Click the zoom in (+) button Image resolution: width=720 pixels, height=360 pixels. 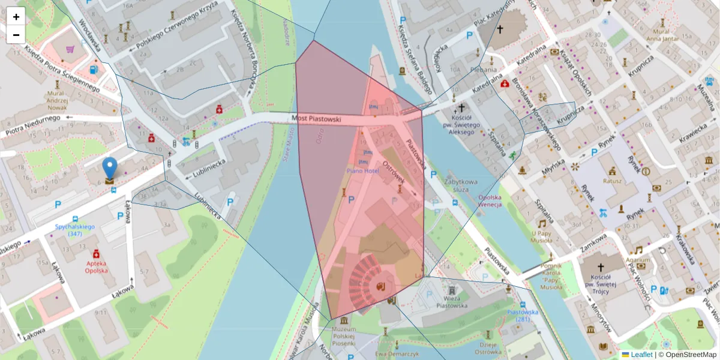tap(16, 16)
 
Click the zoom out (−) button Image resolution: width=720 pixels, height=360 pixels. tap(16, 35)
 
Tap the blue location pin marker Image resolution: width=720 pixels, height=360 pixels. tap(110, 169)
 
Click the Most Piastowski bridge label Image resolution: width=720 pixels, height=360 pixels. tap(316, 119)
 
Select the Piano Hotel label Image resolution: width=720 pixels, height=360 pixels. tap(363, 171)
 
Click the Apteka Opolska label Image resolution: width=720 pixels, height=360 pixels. tap(96, 266)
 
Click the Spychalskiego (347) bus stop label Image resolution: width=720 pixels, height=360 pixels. tap(75, 230)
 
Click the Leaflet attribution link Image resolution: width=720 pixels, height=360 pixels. tap(641, 355)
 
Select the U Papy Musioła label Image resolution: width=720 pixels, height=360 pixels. tap(541, 236)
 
